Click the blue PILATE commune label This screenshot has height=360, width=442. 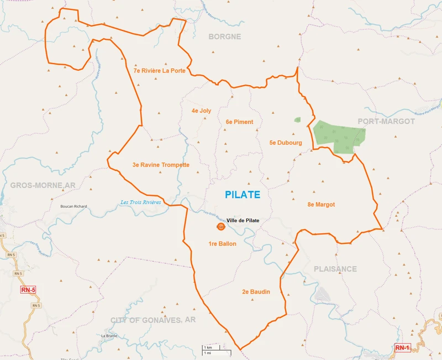[x=243, y=195]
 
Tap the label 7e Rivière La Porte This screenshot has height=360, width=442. [x=159, y=71]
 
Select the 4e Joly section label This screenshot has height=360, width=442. [x=201, y=111]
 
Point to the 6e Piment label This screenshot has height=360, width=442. [x=239, y=122]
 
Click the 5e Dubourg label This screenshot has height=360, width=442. [x=286, y=143]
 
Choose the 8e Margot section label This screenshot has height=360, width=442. [x=321, y=205]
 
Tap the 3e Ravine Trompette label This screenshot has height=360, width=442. [x=161, y=165]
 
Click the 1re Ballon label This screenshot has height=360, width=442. [x=222, y=244]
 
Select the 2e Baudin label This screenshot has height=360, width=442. [x=256, y=291]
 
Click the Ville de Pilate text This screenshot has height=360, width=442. [x=243, y=220]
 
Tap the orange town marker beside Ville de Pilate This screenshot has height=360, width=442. [x=221, y=227]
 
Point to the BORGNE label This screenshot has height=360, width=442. [x=224, y=36]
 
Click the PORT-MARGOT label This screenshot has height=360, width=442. [x=386, y=121]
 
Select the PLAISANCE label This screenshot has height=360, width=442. [x=335, y=269]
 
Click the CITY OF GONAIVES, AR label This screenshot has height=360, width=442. [x=153, y=320]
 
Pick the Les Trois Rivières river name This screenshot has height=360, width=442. [x=140, y=202]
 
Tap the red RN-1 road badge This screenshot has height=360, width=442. [x=403, y=348]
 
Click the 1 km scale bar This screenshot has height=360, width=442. [x=212, y=347]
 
